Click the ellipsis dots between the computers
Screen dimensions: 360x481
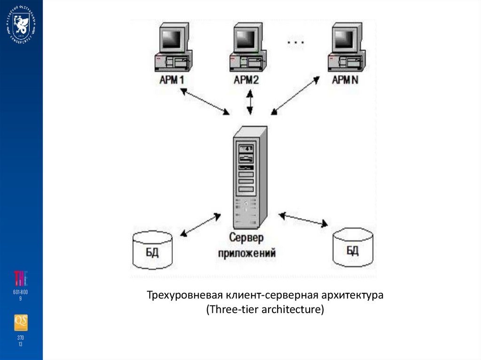295,43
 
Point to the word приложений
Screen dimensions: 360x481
245,253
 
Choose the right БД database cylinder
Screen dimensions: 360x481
353,246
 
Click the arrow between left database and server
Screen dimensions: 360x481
201,225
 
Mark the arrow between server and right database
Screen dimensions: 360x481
303,220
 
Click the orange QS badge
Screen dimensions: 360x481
21,322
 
